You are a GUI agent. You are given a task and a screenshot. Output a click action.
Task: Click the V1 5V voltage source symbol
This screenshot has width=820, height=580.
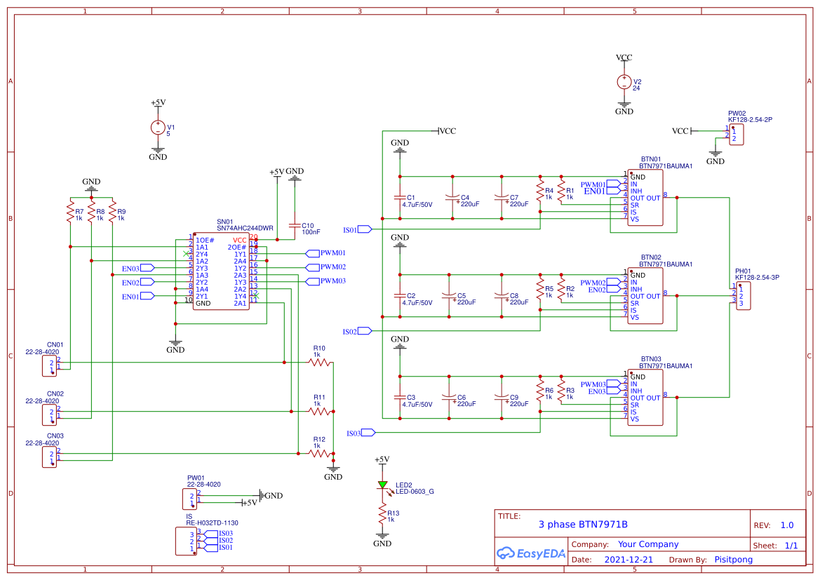point(158,128)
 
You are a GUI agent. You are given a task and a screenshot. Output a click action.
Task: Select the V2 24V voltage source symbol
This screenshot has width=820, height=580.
point(624,82)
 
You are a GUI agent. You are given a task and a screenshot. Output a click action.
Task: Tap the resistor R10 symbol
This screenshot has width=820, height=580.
point(320,363)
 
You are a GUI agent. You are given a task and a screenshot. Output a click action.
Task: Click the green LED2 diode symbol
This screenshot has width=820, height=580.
point(382,485)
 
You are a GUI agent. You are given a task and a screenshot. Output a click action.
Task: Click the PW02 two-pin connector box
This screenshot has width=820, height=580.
point(736,135)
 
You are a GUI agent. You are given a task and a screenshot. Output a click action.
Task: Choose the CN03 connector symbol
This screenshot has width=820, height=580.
point(49,457)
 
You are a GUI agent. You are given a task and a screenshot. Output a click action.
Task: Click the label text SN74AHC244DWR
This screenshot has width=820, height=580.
point(245,228)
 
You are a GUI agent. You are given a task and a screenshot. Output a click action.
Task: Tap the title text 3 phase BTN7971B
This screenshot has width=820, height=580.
point(582,524)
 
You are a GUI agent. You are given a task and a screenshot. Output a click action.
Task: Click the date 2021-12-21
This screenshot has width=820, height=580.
point(629,560)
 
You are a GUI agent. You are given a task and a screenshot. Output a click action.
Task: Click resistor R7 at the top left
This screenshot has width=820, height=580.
point(70,211)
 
